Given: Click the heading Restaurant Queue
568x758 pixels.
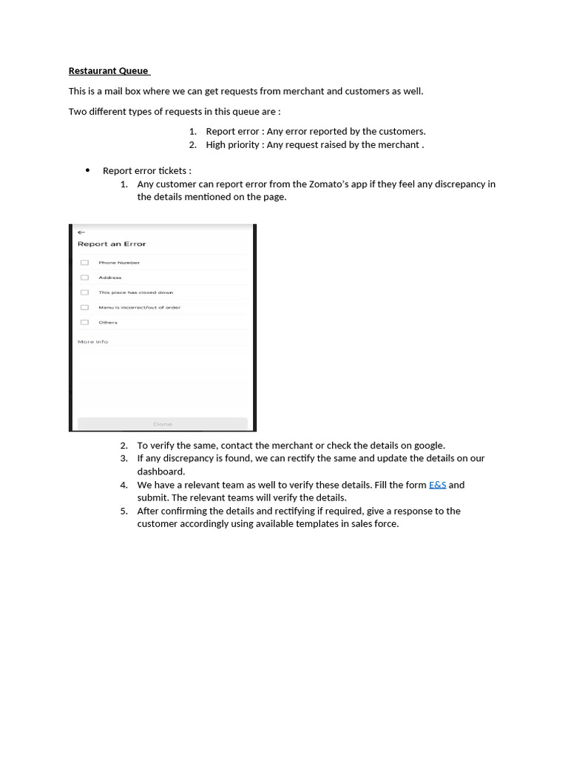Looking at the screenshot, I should pyautogui.click(x=108, y=71).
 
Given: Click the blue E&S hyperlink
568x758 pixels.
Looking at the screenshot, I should pyautogui.click(x=437, y=485).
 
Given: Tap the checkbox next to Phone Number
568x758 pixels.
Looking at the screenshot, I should pyautogui.click(x=84, y=263).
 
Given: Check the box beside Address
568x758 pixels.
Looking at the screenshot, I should pyautogui.click(x=84, y=278).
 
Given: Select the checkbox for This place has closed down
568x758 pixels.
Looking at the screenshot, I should pyautogui.click(x=84, y=292).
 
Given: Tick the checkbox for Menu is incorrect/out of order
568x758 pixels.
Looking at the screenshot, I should pyautogui.click(x=84, y=307).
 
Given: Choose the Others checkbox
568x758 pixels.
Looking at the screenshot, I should pyautogui.click(x=84, y=322).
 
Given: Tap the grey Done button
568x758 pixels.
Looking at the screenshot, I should pyautogui.click(x=163, y=423).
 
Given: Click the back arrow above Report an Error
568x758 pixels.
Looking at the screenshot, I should pyautogui.click(x=81, y=232).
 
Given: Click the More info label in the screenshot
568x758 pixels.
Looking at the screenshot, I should pyautogui.click(x=92, y=342).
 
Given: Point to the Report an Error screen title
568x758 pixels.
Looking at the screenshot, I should pyautogui.click(x=112, y=244).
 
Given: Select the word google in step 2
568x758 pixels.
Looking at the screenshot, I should pyautogui.click(x=428, y=446).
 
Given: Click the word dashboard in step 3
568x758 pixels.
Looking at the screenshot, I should pyautogui.click(x=160, y=472).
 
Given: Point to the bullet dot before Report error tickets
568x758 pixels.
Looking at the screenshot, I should pyautogui.click(x=87, y=170).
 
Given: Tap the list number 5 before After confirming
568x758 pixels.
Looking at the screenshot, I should pyautogui.click(x=124, y=511).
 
